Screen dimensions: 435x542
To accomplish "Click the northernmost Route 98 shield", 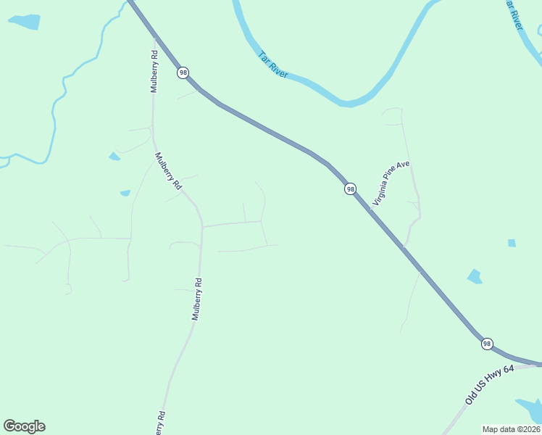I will pos(183,72).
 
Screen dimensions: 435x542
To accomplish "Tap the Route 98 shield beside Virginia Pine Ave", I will pos(351,188).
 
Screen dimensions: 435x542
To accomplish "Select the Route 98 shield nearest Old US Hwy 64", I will pos(487,344).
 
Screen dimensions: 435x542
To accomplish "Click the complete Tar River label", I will pos(273,65).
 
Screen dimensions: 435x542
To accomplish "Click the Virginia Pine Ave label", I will pos(391,183).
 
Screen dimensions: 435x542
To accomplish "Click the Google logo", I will pos(24,426).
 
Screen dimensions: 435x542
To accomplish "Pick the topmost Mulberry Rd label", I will pos(154,71).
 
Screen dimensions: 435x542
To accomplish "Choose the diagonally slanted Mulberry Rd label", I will pos(167,171).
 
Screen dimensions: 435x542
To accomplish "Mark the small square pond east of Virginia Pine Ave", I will pos(512,243).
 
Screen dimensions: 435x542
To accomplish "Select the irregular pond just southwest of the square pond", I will pos(475,275).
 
